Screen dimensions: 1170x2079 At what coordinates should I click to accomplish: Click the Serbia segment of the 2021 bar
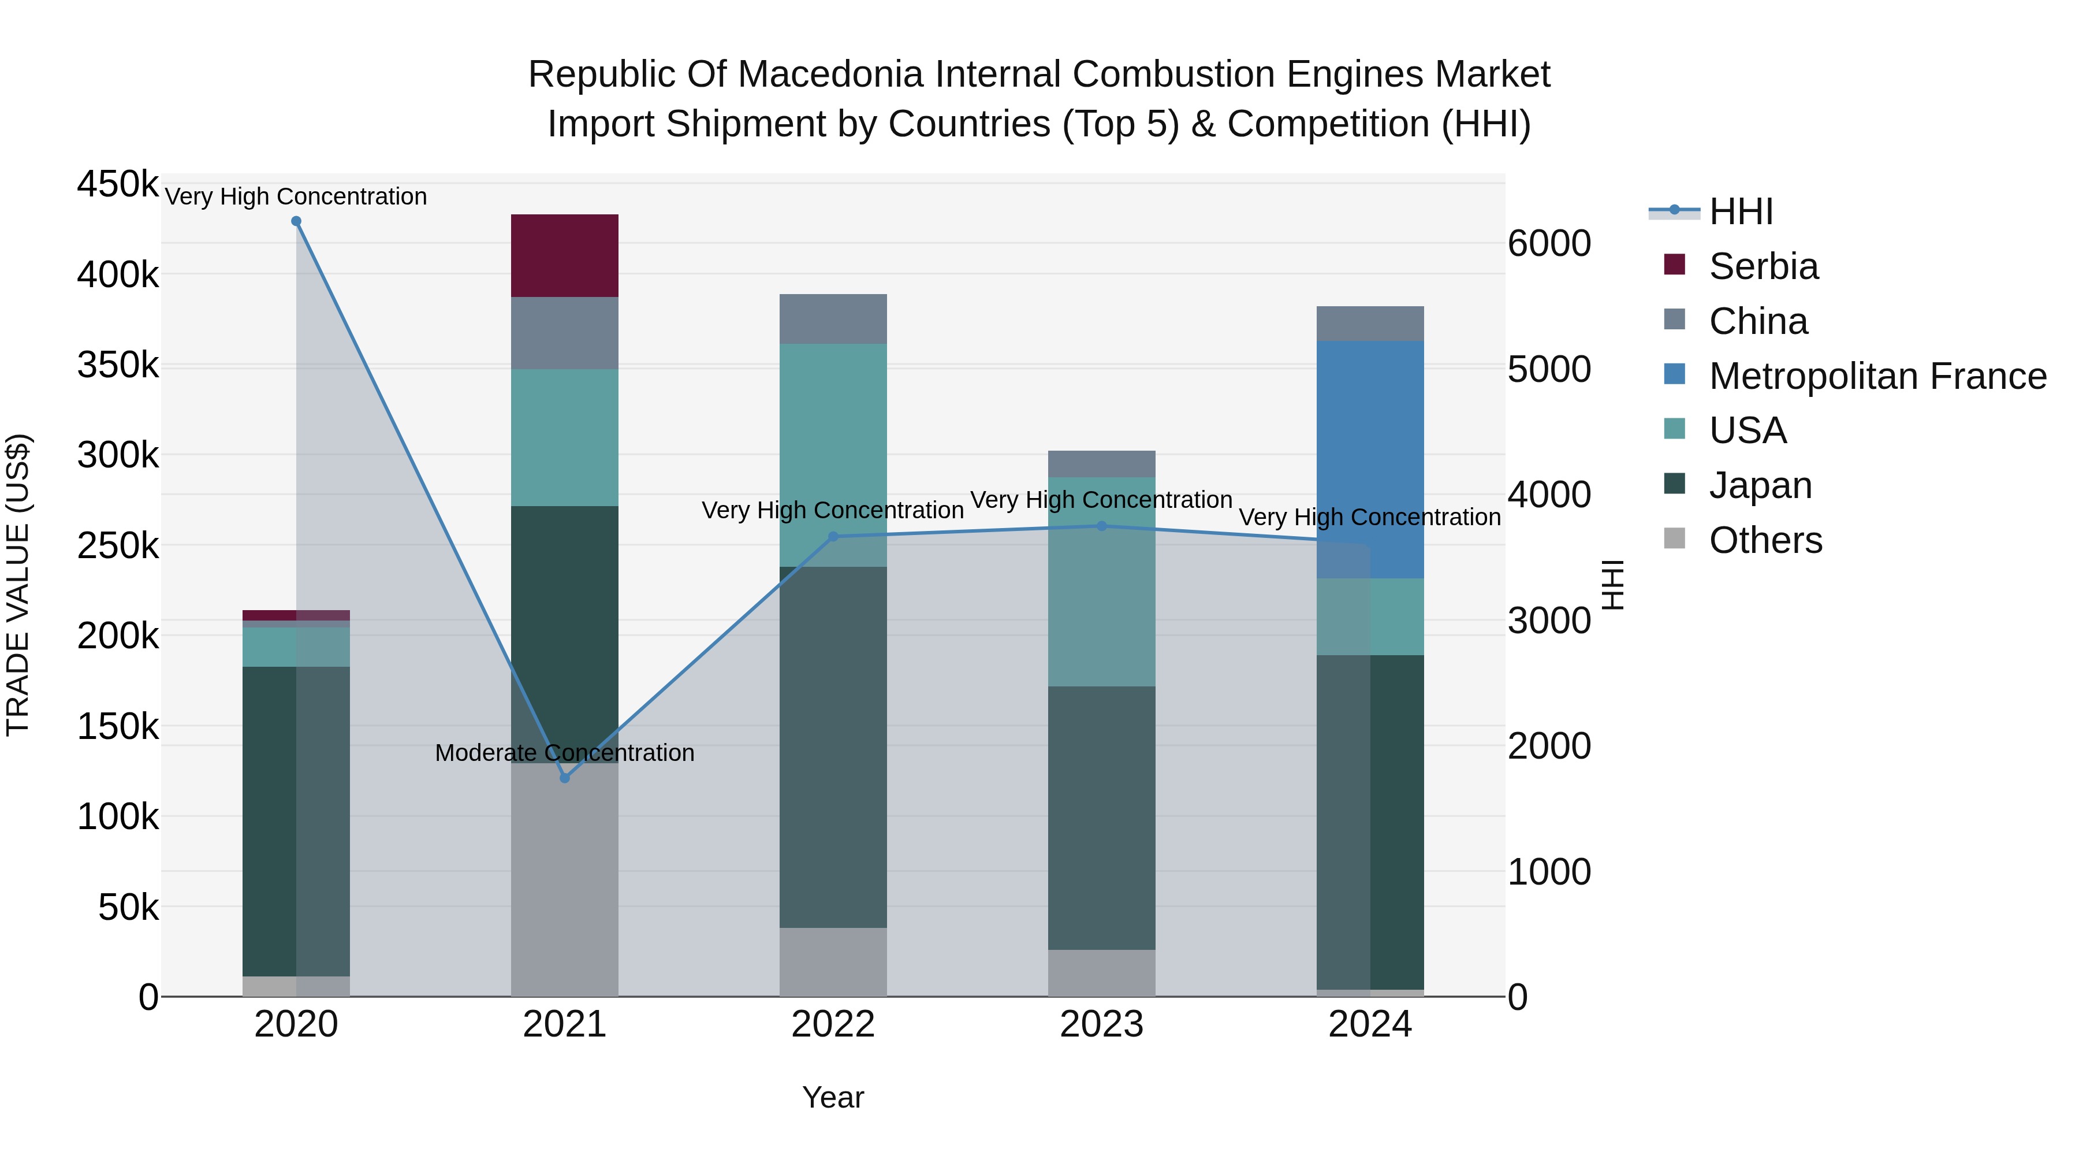tap(564, 255)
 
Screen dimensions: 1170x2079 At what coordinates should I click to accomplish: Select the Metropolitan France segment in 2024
tap(1370, 459)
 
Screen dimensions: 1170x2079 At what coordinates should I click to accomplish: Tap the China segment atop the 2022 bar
tap(833, 318)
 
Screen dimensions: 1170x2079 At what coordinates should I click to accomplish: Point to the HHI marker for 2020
tap(296, 221)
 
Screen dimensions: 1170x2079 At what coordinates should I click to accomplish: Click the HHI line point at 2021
tap(564, 778)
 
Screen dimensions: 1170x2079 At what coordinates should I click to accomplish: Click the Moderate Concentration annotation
tap(564, 752)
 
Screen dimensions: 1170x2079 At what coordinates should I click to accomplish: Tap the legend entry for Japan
tap(1760, 485)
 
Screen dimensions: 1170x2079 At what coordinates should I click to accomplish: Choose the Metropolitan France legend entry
tap(1877, 376)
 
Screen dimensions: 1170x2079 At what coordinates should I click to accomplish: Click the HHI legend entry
tap(1740, 211)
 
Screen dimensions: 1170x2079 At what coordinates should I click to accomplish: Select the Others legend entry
tap(1765, 540)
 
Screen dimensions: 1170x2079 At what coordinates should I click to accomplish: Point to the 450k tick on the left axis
tap(118, 184)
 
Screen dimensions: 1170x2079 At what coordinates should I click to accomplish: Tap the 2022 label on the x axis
tap(833, 1024)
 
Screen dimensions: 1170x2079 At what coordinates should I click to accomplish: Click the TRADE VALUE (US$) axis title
tap(18, 585)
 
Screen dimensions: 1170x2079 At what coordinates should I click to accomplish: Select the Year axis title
tap(833, 1097)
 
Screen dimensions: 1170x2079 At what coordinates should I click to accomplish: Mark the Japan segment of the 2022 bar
tap(833, 747)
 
